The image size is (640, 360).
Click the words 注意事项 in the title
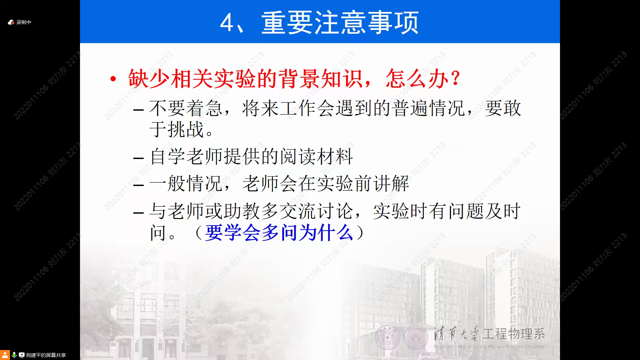(x=366, y=23)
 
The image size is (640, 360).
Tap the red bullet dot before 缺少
(x=113, y=79)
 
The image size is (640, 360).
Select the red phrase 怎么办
(x=417, y=79)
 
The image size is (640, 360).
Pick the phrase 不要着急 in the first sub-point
(x=186, y=108)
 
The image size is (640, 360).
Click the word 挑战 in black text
(x=186, y=129)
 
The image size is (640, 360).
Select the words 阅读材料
(x=316, y=156)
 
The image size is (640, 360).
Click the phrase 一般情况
(x=186, y=183)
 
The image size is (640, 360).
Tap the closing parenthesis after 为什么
(x=361, y=232)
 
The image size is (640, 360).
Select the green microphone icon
(x=14, y=355)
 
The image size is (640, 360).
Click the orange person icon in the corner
(x=5, y=355)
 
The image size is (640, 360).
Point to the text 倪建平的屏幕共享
(x=46, y=355)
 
